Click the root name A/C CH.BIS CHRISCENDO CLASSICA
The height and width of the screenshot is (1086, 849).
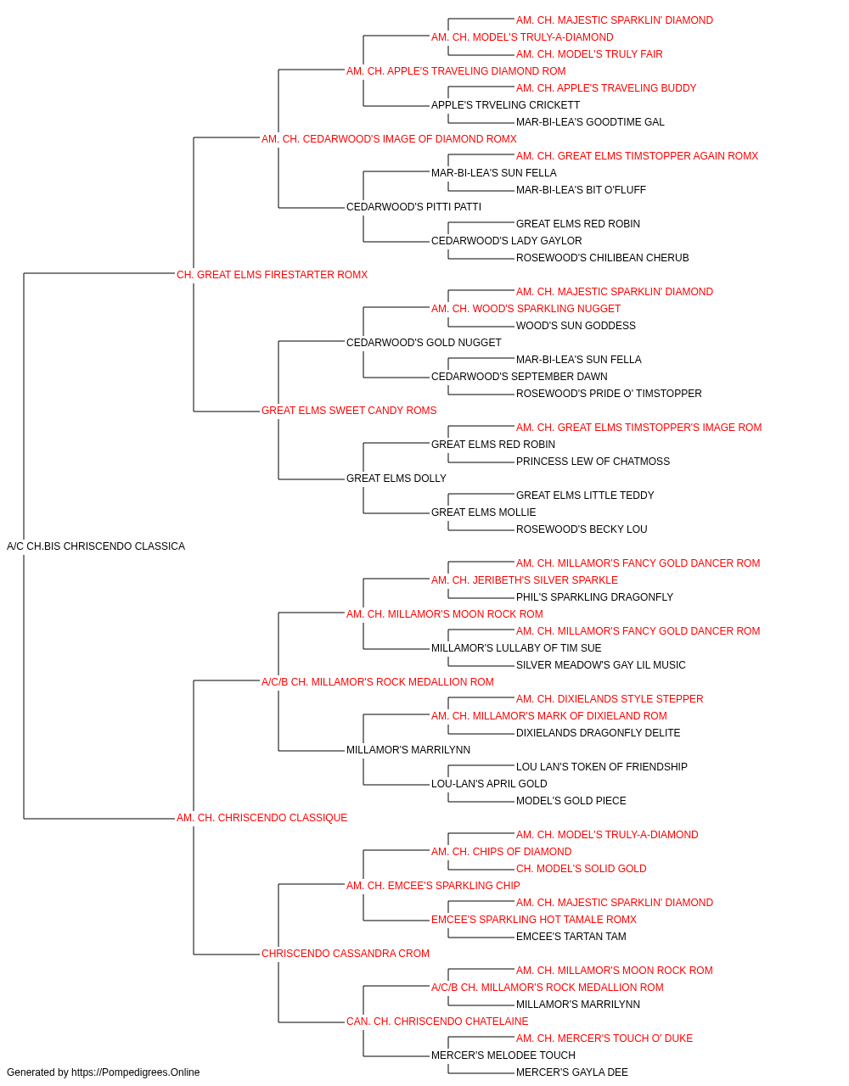click(96, 546)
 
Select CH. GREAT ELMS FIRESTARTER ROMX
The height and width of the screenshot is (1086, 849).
click(272, 275)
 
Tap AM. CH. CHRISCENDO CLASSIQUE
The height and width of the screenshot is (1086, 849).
click(261, 818)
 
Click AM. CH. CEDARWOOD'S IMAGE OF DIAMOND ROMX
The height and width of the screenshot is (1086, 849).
click(389, 139)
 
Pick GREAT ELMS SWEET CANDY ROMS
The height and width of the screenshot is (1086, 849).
click(349, 411)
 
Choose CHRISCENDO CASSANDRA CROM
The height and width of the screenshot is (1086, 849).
click(345, 954)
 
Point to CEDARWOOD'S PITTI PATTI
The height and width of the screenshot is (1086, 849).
click(413, 207)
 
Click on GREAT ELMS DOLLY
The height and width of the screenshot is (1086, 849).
click(396, 479)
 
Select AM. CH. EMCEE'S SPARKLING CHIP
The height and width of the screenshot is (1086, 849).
click(433, 886)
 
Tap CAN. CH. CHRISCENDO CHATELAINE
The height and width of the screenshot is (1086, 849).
click(437, 1022)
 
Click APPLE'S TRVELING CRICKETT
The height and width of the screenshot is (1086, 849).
click(505, 105)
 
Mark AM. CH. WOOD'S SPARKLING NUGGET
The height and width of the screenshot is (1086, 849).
click(526, 309)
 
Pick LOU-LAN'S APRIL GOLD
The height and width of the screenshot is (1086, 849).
click(489, 784)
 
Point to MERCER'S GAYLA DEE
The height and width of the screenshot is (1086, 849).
click(572, 1072)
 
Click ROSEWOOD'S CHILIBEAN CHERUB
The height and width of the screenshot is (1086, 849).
click(603, 258)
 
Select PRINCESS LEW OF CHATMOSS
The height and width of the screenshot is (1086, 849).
click(593, 462)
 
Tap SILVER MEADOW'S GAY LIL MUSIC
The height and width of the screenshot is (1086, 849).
click(600, 665)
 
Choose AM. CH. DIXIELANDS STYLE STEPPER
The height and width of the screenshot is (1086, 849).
click(610, 699)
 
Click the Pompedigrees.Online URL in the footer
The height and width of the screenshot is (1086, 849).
click(136, 1072)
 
